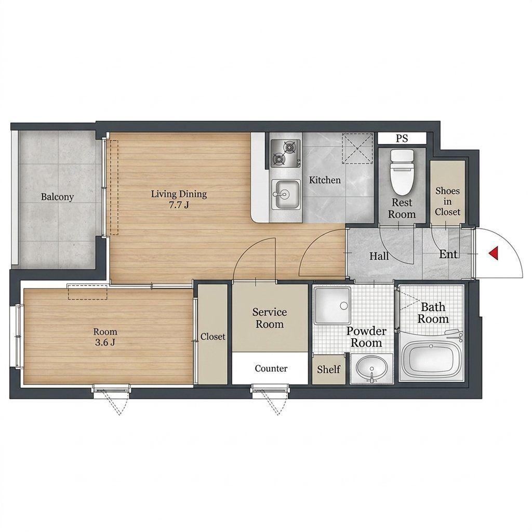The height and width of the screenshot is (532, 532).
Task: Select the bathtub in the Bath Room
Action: pyautogui.click(x=431, y=359)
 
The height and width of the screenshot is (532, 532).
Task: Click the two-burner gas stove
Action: pyautogui.click(x=286, y=153)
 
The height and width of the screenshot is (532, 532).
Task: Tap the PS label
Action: pyautogui.click(x=402, y=138)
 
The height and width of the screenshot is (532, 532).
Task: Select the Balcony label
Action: pyautogui.click(x=57, y=197)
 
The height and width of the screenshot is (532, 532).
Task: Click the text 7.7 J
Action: pyautogui.click(x=179, y=205)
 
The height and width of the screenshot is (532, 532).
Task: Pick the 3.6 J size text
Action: pyautogui.click(x=105, y=342)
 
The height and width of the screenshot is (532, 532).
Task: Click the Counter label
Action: pyautogui.click(x=271, y=368)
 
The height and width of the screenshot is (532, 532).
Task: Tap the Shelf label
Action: pyautogui.click(x=329, y=369)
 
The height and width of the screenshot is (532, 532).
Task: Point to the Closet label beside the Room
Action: pyautogui.click(x=212, y=337)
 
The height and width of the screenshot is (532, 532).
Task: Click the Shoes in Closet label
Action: pyautogui.click(x=447, y=201)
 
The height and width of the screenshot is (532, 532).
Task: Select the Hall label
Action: pyautogui.click(x=379, y=256)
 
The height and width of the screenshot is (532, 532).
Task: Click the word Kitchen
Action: pyautogui.click(x=325, y=180)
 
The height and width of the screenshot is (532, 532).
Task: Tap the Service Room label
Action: pyautogui.click(x=270, y=318)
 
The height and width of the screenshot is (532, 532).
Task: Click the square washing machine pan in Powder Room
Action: pyautogui.click(x=332, y=305)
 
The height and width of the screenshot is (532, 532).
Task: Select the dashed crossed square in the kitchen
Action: pyautogui.click(x=357, y=148)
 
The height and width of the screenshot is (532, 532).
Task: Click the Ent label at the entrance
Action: pyautogui.click(x=448, y=254)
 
